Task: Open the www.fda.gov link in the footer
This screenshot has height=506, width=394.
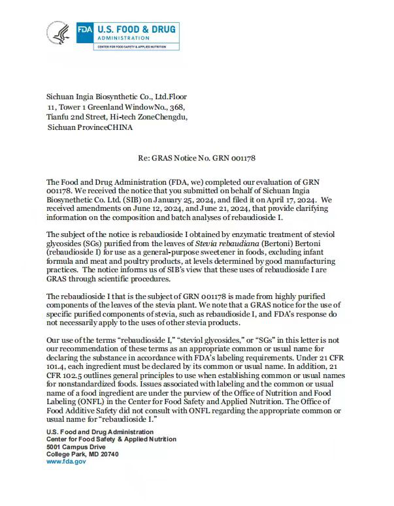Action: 65,461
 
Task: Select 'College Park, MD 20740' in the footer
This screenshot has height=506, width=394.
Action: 82,454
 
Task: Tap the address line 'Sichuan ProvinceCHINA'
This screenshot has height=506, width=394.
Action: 90,127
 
